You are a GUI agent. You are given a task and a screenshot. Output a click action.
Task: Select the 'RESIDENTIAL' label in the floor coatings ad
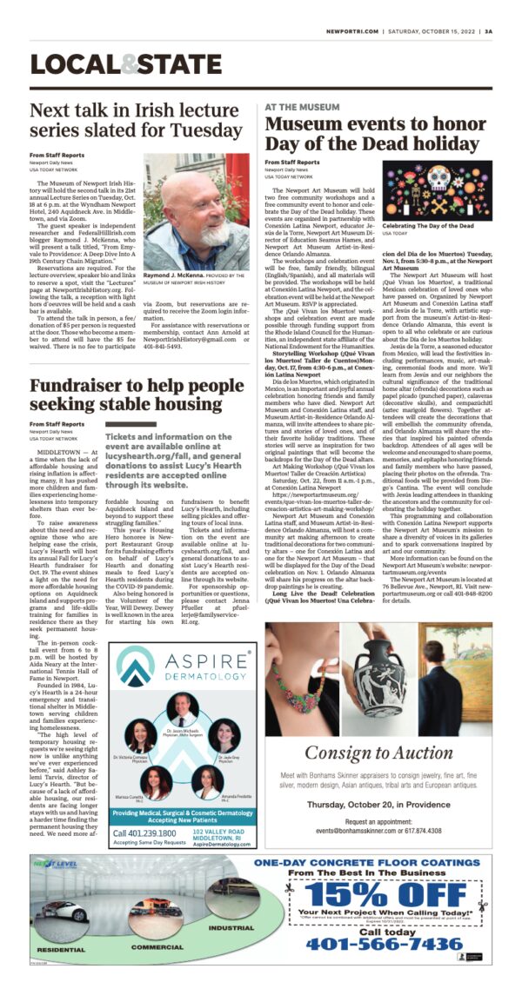point(62,951)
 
